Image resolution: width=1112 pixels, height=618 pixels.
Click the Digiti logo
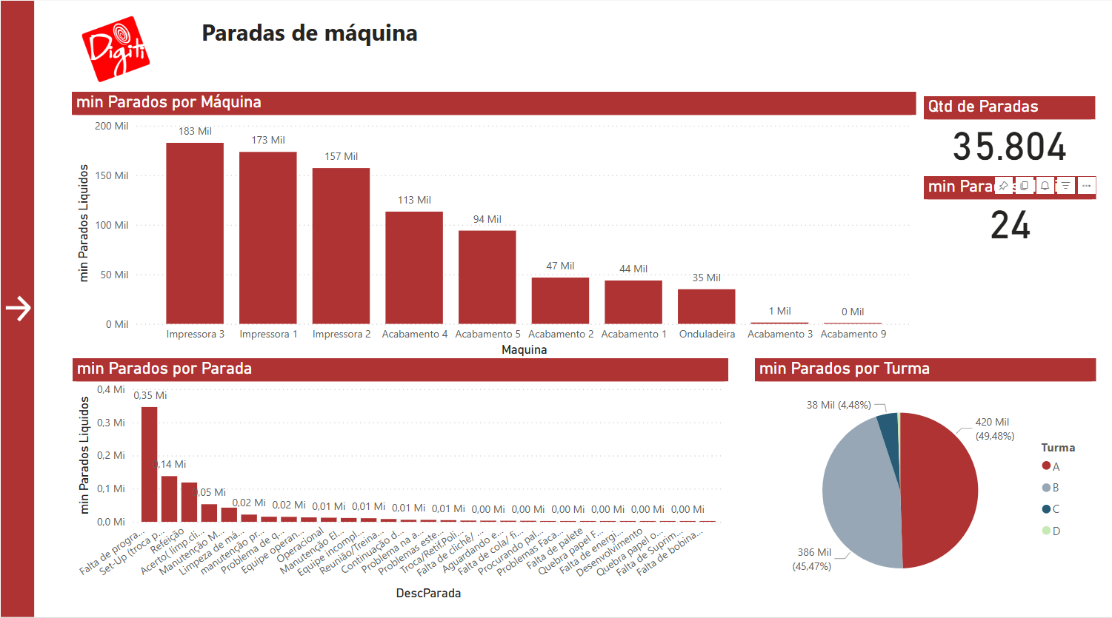(x=116, y=49)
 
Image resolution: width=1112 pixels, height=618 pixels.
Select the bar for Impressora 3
(x=195, y=233)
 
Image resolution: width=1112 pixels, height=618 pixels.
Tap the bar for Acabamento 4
(x=414, y=268)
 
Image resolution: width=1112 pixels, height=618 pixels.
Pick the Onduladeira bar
(x=707, y=306)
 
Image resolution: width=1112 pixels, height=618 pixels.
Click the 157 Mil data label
(x=341, y=156)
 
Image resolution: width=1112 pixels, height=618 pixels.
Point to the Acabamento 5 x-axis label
(x=487, y=334)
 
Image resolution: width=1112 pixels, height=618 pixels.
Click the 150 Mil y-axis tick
(x=111, y=175)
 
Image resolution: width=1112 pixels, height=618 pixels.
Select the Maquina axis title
(x=524, y=349)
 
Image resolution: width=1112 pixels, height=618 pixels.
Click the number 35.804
(x=1009, y=147)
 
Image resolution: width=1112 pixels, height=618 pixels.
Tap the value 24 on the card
(x=1011, y=225)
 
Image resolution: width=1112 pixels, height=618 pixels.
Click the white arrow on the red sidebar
(x=18, y=309)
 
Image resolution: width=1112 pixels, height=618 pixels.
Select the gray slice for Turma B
(x=859, y=492)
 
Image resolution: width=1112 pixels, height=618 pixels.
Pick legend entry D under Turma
(x=1051, y=531)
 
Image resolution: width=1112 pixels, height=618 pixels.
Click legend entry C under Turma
(x=1051, y=509)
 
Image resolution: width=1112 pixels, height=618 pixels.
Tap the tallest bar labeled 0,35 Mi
(x=149, y=464)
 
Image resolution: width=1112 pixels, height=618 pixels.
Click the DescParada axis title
(x=428, y=593)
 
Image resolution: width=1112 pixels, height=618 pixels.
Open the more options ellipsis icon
(x=1086, y=186)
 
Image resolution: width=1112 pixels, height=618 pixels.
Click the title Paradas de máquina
(x=310, y=33)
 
